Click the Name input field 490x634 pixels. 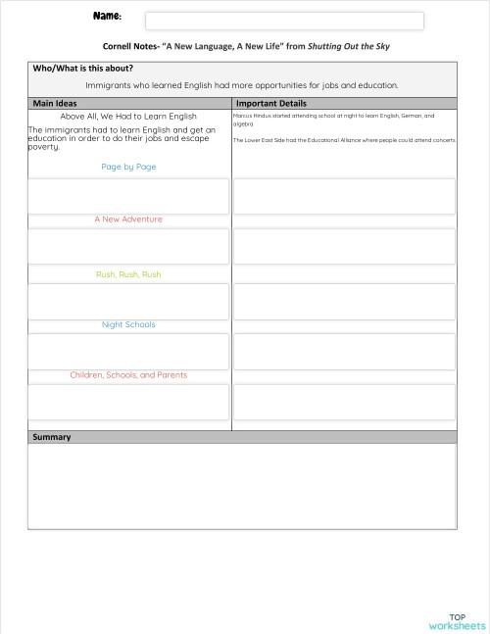pyautogui.click(x=284, y=21)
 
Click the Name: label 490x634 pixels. pyautogui.click(x=107, y=17)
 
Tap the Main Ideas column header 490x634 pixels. pyautogui.click(x=55, y=103)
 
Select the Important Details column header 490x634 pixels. pyautogui.click(x=271, y=103)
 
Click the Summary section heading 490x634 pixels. pyautogui.click(x=52, y=437)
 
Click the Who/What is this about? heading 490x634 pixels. pyautogui.click(x=83, y=69)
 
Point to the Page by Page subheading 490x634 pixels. pyautogui.click(x=128, y=167)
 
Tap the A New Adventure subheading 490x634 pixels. pyautogui.click(x=128, y=219)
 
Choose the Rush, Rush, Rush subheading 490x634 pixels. pyautogui.click(x=128, y=274)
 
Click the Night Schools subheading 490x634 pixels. pyautogui.click(x=128, y=324)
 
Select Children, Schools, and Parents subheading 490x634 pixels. pyautogui.click(x=128, y=375)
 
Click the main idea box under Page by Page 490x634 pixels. pyautogui.click(x=128, y=196)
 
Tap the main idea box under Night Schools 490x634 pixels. pyautogui.click(x=128, y=351)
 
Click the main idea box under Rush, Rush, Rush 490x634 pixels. pyautogui.click(x=128, y=302)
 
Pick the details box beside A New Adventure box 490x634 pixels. pyautogui.click(x=344, y=247)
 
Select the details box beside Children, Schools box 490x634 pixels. pyautogui.click(x=344, y=402)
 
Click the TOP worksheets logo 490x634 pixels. pyautogui.click(x=457, y=620)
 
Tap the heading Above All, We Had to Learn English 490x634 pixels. pyautogui.click(x=128, y=116)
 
